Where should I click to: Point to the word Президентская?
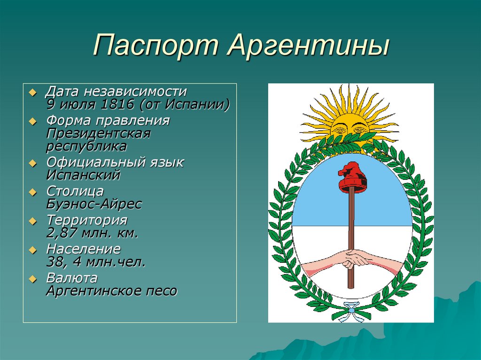99,134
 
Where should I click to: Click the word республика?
86,147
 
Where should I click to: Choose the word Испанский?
83,175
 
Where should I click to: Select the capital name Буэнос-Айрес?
94,204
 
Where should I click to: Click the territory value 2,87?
62,233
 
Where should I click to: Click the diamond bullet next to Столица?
32,192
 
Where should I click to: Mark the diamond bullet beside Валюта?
32,279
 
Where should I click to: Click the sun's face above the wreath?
350,128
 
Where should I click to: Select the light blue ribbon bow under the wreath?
350,311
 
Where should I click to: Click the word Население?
84,249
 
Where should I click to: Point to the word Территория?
87,221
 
